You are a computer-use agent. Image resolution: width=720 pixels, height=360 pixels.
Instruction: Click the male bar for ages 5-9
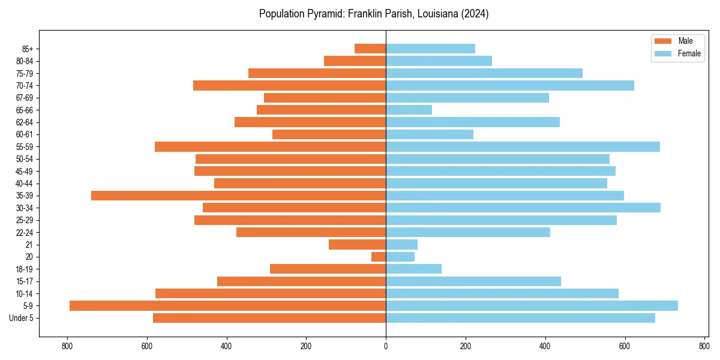click(227, 306)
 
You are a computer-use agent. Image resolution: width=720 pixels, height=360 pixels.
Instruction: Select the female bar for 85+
click(430, 49)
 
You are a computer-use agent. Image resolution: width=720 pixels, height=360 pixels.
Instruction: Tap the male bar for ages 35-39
click(238, 196)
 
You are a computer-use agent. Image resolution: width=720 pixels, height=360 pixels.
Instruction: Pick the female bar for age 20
click(400, 257)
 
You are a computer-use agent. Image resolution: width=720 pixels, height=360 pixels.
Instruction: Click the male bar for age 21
click(357, 245)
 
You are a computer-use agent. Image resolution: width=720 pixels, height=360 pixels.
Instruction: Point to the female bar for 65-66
click(409, 110)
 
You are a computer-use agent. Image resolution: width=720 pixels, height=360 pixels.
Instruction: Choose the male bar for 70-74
click(289, 86)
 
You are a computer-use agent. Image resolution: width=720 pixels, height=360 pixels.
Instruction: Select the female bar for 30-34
click(523, 208)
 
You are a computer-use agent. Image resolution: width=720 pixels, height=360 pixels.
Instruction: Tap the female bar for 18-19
click(413, 269)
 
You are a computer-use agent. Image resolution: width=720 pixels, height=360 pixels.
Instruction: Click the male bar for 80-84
click(355, 61)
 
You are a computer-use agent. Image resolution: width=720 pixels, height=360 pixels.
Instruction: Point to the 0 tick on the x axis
click(386, 346)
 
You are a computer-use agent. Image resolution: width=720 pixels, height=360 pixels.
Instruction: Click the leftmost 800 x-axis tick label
click(67, 346)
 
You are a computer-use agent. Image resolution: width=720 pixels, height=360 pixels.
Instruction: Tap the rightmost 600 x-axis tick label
click(625, 346)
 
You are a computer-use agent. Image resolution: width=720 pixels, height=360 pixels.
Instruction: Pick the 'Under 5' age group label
click(21, 318)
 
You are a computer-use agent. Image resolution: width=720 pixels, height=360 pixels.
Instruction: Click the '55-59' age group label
click(24, 147)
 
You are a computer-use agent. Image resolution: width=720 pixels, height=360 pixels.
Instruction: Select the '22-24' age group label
click(24, 233)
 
